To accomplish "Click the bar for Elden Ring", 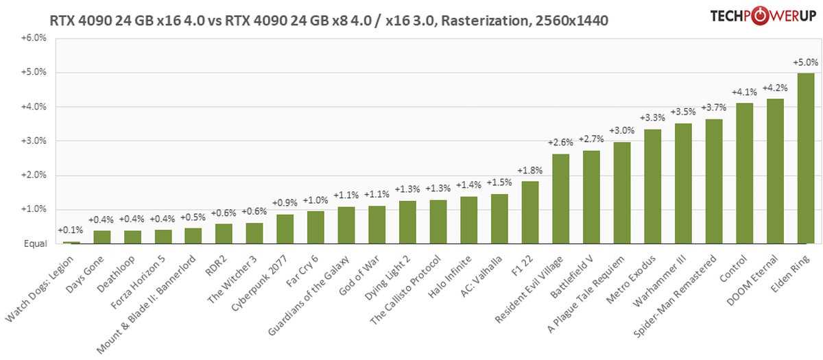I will [806, 158].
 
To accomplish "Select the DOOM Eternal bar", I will [775, 171].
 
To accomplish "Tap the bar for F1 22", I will [530, 213].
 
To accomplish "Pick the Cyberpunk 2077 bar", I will [285, 229].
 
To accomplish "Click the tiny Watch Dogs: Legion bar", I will [71, 242].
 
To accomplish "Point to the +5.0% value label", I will [805, 62].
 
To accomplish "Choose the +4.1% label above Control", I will [744, 92].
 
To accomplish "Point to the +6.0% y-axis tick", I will [34, 38].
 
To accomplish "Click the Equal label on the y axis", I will [36, 243].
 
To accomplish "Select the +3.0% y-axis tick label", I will [34, 141].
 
